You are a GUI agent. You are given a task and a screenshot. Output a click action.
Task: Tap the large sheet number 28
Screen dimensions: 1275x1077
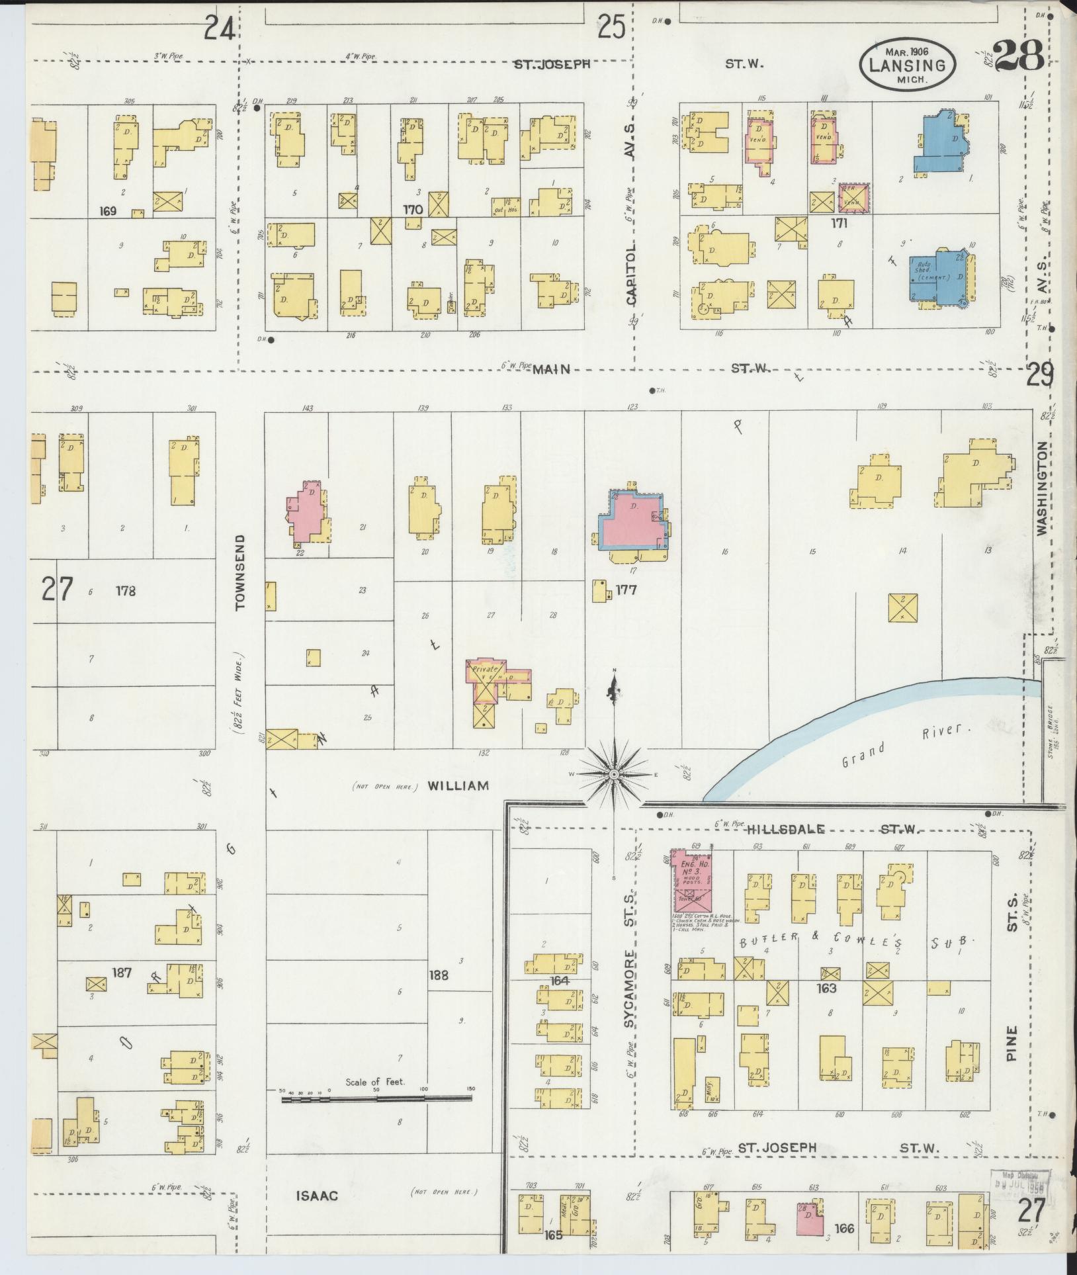[x=1018, y=55]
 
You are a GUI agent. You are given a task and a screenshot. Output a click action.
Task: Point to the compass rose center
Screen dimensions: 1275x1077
[x=615, y=774]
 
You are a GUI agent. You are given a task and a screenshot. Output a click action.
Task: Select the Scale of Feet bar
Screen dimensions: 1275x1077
[x=376, y=1099]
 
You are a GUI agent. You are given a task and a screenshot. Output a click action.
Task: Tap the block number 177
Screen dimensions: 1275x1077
[x=625, y=589]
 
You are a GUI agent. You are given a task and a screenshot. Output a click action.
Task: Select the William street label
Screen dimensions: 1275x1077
[x=458, y=786]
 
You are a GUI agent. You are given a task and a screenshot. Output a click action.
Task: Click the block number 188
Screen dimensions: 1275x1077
[x=439, y=975]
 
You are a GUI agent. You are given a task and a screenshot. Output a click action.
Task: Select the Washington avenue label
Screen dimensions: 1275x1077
[x=1043, y=488]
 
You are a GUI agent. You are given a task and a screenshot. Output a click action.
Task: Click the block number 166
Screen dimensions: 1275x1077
[x=844, y=1228]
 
